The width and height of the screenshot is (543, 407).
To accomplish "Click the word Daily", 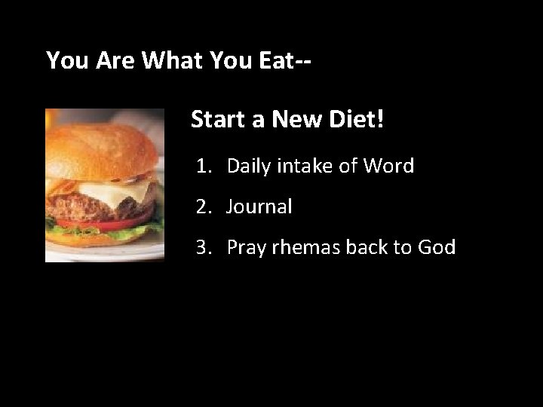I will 250,167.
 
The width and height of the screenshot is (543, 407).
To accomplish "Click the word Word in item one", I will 390,166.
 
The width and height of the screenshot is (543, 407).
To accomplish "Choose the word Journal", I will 259,207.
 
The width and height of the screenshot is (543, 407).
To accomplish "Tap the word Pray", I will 247,248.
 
